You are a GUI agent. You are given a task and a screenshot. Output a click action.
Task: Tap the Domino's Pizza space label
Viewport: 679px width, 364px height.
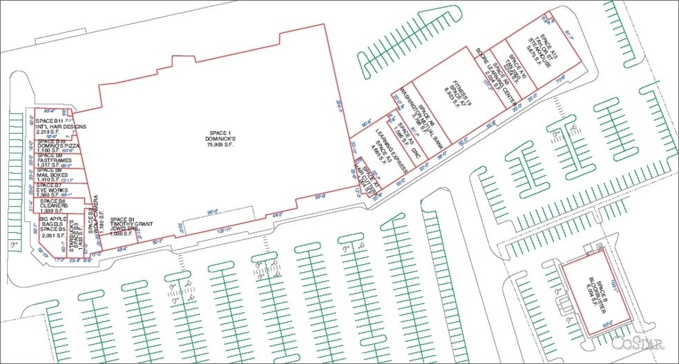pyautogui.click(x=50, y=148)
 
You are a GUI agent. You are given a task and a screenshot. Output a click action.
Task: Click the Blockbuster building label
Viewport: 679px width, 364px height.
pyautogui.click(x=595, y=293)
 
